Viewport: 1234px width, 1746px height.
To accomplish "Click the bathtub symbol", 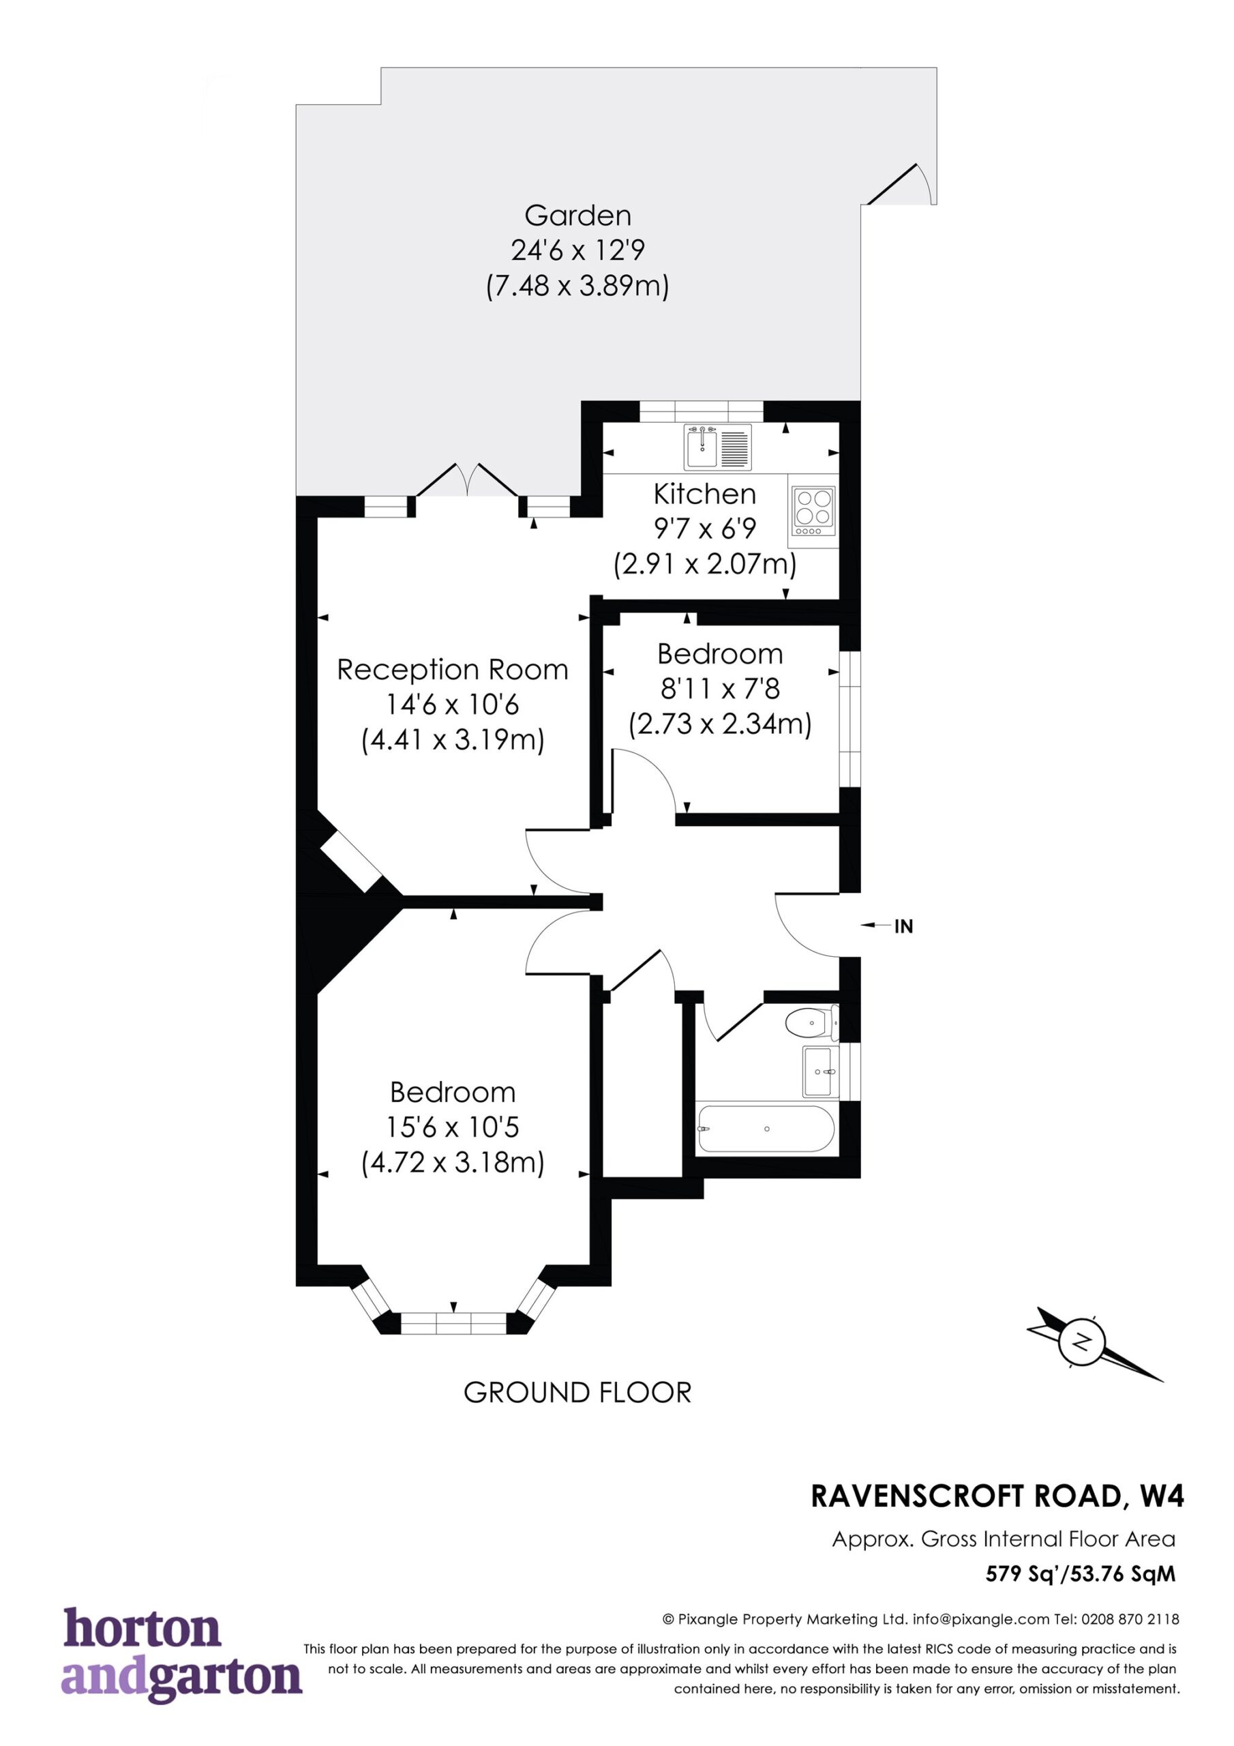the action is click(x=766, y=1129).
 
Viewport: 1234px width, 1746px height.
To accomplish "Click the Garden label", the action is click(x=578, y=216).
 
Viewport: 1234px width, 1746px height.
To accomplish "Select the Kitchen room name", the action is click(x=705, y=494).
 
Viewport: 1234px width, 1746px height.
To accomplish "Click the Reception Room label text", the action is click(x=453, y=669).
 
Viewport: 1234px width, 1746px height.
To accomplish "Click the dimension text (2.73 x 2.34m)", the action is click(x=720, y=723).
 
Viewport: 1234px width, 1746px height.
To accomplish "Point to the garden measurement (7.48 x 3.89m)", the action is click(x=578, y=286).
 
